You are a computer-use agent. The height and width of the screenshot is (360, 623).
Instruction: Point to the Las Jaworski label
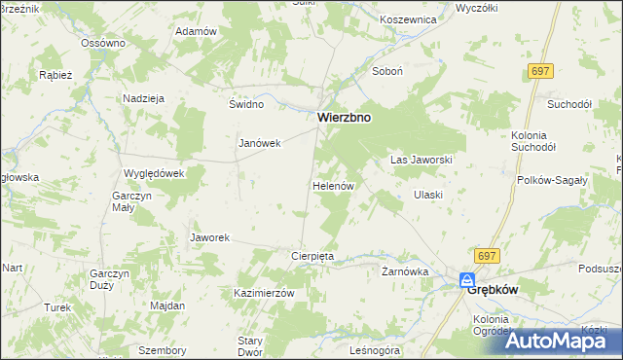click(x=421, y=159)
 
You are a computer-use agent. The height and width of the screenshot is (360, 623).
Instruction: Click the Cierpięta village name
click(x=312, y=256)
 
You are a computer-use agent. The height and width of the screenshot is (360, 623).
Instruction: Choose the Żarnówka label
click(x=405, y=272)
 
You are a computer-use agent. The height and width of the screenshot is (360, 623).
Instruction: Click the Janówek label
click(x=260, y=143)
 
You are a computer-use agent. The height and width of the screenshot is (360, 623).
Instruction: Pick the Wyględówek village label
click(x=154, y=173)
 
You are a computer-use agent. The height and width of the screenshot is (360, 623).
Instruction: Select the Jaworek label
click(x=209, y=237)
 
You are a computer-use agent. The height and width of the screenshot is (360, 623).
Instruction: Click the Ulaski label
click(x=428, y=195)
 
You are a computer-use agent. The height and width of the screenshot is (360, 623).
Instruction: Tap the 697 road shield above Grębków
click(x=488, y=255)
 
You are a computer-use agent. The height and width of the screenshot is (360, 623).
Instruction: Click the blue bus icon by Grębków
click(x=468, y=281)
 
